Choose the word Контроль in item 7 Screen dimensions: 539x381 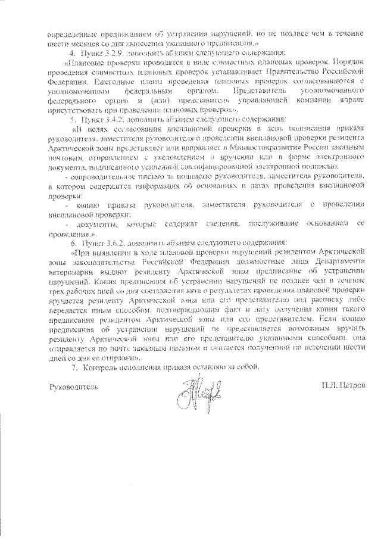(x=98, y=367)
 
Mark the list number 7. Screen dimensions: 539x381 (x=74, y=367)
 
